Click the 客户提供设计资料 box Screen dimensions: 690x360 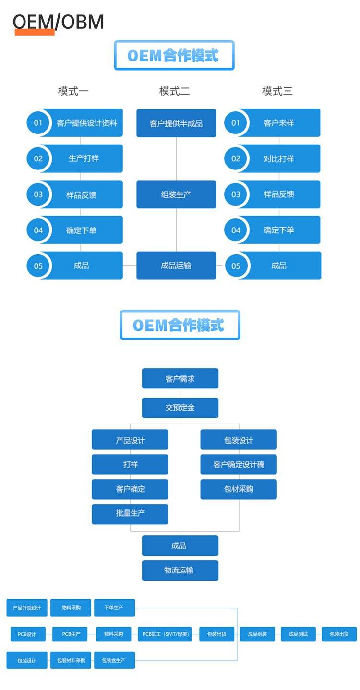[x=86, y=123]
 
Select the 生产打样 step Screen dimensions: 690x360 [x=84, y=158]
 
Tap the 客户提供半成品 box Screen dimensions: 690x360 [x=176, y=123]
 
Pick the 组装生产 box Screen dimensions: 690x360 [x=176, y=194]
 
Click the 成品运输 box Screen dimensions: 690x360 [x=176, y=266]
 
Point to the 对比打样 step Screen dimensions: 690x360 [x=278, y=158]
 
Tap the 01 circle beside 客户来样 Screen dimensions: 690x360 [x=236, y=123]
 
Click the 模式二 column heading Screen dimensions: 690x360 [x=174, y=91]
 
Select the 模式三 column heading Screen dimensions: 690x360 [x=277, y=91]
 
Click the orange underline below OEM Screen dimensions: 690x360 [x=35, y=32]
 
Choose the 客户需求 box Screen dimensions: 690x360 [x=180, y=379]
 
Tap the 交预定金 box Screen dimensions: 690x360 [x=180, y=408]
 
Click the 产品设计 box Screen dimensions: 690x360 [x=130, y=440]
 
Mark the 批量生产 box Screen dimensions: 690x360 [x=130, y=514]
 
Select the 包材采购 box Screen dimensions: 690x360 [x=239, y=489]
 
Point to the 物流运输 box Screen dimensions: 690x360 [x=180, y=570]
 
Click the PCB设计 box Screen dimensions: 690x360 [x=27, y=634]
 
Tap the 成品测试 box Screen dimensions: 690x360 [x=298, y=634]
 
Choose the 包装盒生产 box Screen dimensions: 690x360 [x=114, y=660]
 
